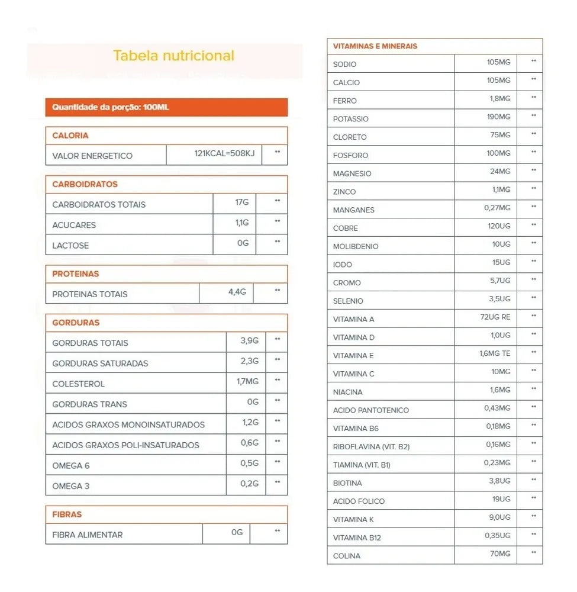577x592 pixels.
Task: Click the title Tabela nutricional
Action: pos(173,56)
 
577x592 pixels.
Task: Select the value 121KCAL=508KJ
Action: pos(224,154)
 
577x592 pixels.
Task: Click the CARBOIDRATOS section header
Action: pos(85,184)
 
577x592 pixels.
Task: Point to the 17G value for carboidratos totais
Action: pos(241,202)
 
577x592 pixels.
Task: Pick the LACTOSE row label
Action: pos(70,246)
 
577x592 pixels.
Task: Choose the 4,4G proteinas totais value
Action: pos(237,292)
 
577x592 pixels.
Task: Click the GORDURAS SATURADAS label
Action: pos(100,363)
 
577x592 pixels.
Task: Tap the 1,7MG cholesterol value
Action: pos(247,382)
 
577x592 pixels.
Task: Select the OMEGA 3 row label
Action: pos(71,486)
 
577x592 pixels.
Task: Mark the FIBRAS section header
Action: pos(67,514)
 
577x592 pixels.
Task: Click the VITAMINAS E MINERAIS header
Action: pos(375,46)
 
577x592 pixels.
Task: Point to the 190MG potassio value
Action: pos(498,117)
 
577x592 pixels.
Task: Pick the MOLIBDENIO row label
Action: pos(356,246)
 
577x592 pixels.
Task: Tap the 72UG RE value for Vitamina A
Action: pos(495,317)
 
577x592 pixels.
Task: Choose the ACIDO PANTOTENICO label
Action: pos(370,410)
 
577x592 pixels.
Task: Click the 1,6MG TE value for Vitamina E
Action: pos(494,353)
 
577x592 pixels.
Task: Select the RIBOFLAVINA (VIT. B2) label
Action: pos(371,447)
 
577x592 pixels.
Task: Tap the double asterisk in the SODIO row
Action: pos(533,62)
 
